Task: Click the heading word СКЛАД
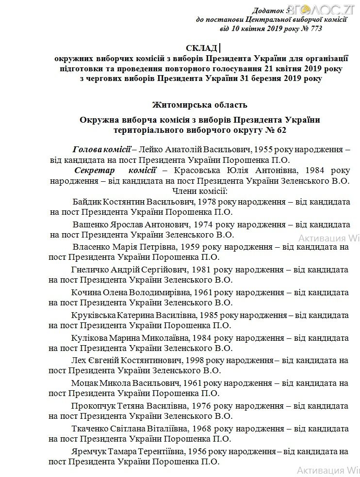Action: click(x=201, y=48)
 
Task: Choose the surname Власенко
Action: click(x=91, y=247)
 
